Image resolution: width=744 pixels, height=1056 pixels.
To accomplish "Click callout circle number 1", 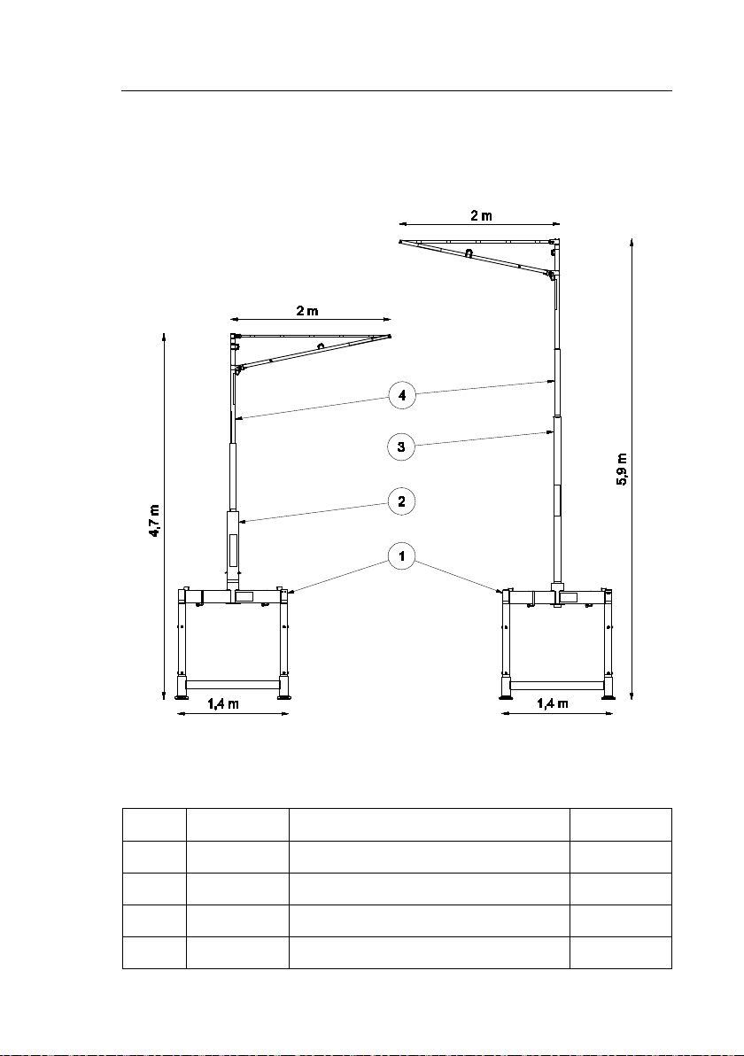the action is coord(402,556).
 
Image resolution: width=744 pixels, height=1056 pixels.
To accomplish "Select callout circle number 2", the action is coord(402,501).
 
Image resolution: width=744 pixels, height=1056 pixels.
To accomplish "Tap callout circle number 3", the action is coord(402,446).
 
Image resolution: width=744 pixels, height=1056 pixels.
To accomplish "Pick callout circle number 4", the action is coord(402,395).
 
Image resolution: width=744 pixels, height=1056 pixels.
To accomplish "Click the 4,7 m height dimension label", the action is coord(155,520).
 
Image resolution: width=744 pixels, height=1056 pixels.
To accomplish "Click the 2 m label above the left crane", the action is coord(307,311).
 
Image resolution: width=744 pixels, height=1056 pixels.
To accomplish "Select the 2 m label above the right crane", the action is coord(481,215).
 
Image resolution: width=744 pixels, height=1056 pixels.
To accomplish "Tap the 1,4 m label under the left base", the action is coord(223,703).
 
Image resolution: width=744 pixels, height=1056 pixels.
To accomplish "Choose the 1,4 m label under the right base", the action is coord(552,703).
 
